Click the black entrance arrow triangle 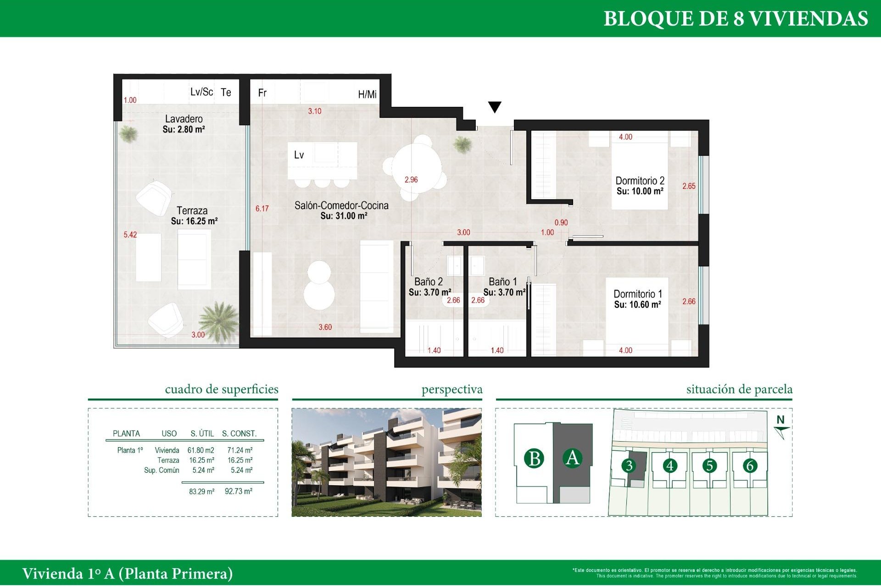click(495, 107)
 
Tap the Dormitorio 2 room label click(640, 181)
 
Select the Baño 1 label click(502, 282)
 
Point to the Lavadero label click(184, 119)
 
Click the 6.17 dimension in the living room click(262, 209)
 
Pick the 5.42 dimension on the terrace click(130, 235)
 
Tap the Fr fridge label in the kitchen click(262, 93)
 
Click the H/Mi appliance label click(367, 94)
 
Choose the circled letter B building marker click(534, 459)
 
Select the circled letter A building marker click(572, 458)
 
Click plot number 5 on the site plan click(709, 466)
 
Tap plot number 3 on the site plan click(629, 466)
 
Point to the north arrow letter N click(781, 420)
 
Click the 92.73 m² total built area click(239, 491)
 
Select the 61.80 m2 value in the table click(201, 450)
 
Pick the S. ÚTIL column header click(202, 433)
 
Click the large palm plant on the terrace click(219, 319)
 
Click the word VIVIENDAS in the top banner click(808, 19)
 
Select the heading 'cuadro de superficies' click(222, 389)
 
